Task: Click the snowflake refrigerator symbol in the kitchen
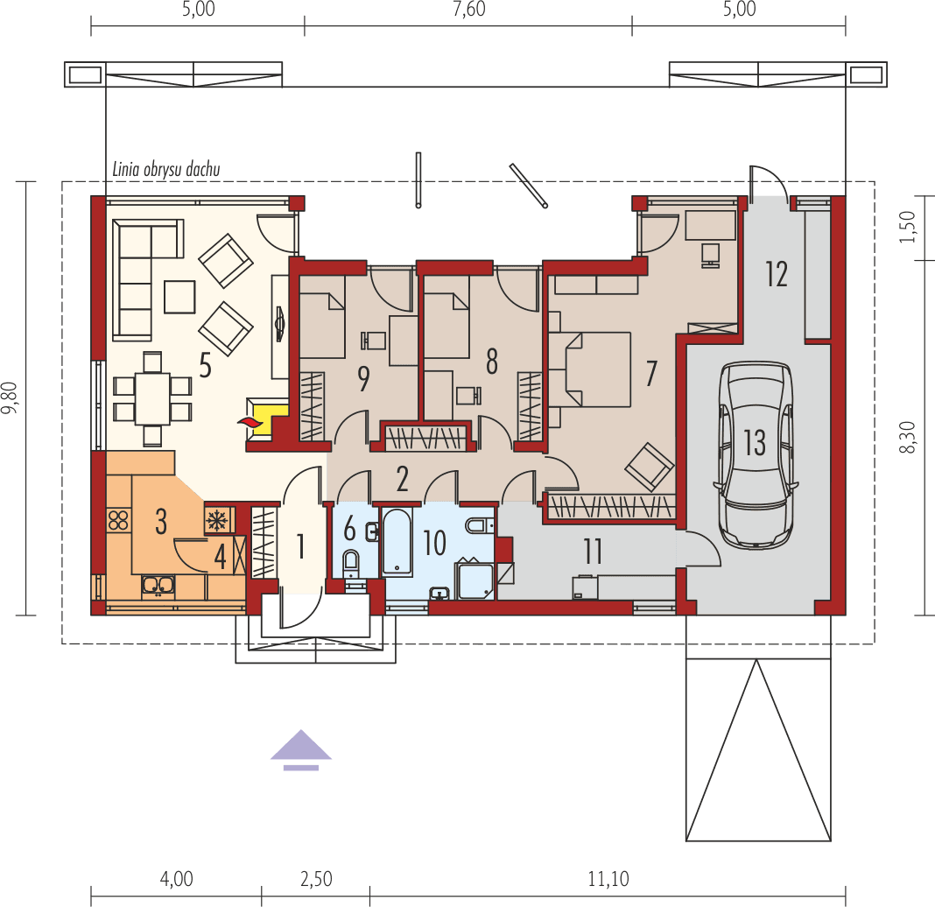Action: (215, 520)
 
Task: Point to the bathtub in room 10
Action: (397, 541)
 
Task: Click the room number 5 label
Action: (204, 365)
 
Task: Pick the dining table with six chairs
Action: (152, 398)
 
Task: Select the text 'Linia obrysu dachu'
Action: (165, 169)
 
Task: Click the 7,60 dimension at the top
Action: (467, 11)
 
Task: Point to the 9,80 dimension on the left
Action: (11, 398)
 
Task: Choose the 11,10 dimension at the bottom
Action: (607, 879)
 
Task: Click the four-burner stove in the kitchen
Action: (118, 521)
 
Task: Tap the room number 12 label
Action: (776, 273)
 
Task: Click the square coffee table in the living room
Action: (179, 296)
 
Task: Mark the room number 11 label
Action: (593, 552)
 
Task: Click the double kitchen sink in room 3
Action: (158, 585)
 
